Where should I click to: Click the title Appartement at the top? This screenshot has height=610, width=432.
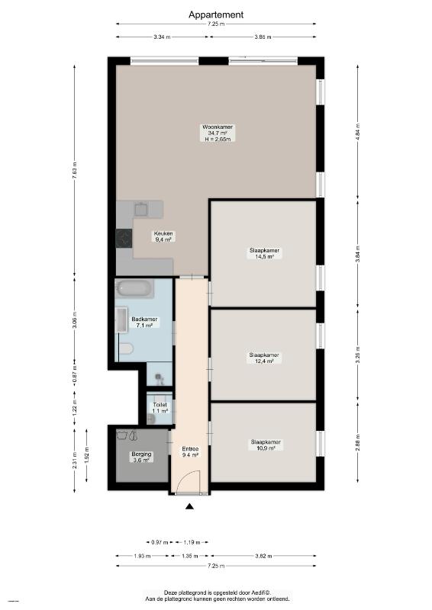(216, 14)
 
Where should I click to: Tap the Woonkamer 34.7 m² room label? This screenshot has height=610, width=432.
(218, 133)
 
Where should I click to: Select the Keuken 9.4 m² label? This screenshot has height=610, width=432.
(163, 236)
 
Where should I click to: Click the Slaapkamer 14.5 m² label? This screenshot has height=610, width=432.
(265, 253)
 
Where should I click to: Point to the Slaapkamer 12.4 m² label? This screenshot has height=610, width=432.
(264, 358)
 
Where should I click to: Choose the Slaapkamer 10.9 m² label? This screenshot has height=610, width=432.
(266, 445)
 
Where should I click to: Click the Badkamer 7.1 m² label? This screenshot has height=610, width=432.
(144, 322)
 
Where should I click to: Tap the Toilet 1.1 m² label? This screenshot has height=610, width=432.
(160, 408)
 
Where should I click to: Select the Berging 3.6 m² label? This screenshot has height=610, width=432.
(141, 457)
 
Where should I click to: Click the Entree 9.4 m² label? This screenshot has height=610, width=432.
(191, 451)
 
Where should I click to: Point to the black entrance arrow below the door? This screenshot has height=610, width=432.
(189, 506)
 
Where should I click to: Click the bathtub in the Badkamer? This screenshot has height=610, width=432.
(134, 288)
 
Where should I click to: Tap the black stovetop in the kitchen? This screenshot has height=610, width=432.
(124, 238)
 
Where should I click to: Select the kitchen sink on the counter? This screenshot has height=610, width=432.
(140, 209)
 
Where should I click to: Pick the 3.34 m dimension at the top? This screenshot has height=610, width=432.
(163, 37)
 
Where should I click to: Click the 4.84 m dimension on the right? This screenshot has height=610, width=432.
(358, 133)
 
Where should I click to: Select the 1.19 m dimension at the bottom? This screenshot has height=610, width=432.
(192, 542)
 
